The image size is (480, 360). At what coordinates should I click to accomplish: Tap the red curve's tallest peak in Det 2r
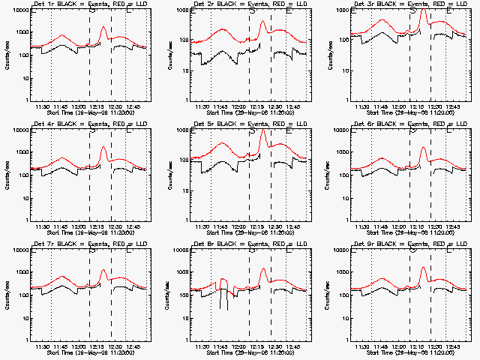click(263, 22)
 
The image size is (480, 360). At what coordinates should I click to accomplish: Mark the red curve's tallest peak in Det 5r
click(263, 130)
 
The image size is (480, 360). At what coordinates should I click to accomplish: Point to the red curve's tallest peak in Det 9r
click(424, 268)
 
